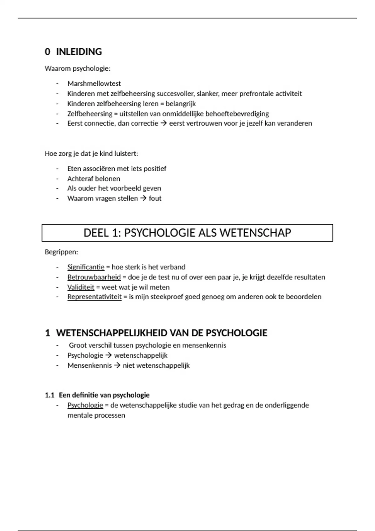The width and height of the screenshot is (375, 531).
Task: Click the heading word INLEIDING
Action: tap(79, 52)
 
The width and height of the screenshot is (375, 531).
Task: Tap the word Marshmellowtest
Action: tap(94, 84)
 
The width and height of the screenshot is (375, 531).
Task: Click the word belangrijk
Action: tap(181, 104)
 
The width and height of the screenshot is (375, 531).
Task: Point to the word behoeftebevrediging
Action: tap(237, 114)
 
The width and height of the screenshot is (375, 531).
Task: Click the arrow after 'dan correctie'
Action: tap(163, 123)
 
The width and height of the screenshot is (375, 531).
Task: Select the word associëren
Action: tap(99, 169)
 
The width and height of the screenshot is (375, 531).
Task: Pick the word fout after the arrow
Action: tap(155, 198)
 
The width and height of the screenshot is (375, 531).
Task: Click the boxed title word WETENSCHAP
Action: tap(255, 233)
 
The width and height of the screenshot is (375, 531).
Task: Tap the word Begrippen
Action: tap(61, 252)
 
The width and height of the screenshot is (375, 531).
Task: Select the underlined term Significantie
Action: tap(86, 267)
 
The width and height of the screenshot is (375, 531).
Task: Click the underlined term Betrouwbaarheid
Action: tap(94, 277)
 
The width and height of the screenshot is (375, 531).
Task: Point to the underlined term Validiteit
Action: tap(81, 287)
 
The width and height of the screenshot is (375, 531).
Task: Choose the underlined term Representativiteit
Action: tap(94, 297)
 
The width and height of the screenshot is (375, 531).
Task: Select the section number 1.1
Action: tap(50, 395)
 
